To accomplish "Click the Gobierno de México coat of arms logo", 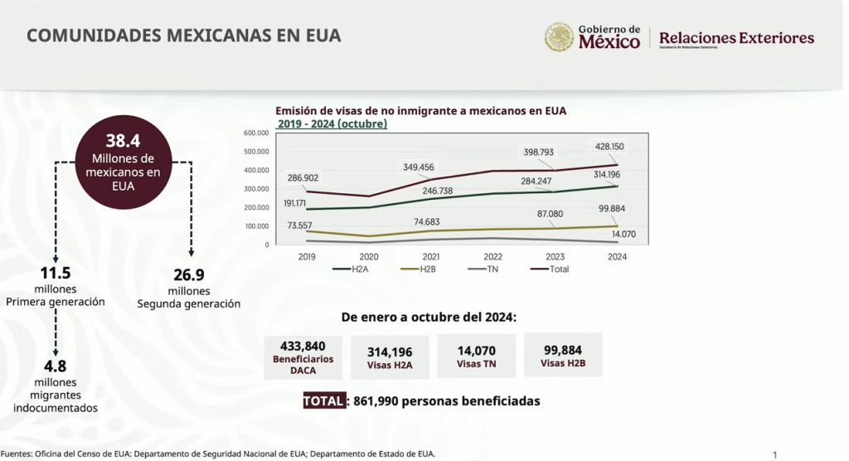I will point(559,37).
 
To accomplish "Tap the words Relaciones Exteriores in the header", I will point(736,38).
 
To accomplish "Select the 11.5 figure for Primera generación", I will point(55,274).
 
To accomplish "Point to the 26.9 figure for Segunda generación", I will point(188,275).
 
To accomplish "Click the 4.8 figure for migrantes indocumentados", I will point(56,366).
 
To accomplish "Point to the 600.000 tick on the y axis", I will point(256,133).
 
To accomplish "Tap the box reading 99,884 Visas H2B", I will point(563,356).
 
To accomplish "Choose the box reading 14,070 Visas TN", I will point(476,356).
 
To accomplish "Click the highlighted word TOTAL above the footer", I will point(323,400).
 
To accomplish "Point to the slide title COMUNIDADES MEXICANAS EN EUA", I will point(184,36).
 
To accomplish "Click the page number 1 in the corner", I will point(774,454).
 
